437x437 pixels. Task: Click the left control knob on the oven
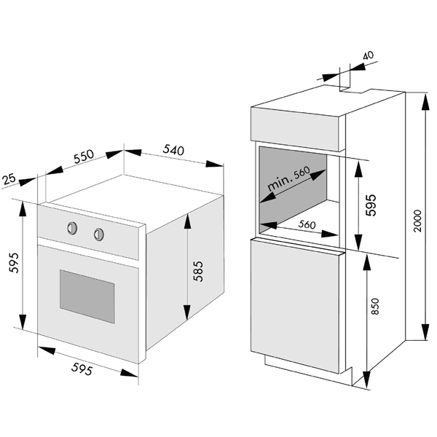click(72, 228)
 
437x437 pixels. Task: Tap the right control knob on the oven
click(98, 234)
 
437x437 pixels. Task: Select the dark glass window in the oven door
click(87, 296)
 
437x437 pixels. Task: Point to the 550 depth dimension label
click(84, 157)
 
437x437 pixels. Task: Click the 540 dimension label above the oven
click(173, 149)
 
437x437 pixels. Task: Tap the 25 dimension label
click(9, 178)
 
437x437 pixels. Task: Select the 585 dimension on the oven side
click(198, 271)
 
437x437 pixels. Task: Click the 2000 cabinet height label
click(417, 221)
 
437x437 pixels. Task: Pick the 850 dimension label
click(375, 307)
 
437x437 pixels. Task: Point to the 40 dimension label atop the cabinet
click(368, 55)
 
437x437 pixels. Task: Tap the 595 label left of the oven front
click(13, 262)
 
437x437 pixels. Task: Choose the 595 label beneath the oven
click(82, 369)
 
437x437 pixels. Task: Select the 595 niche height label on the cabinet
click(371, 205)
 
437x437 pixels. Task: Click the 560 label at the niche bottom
click(307, 224)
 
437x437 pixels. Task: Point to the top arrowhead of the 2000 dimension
click(425, 101)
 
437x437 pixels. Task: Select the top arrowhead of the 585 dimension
click(188, 221)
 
